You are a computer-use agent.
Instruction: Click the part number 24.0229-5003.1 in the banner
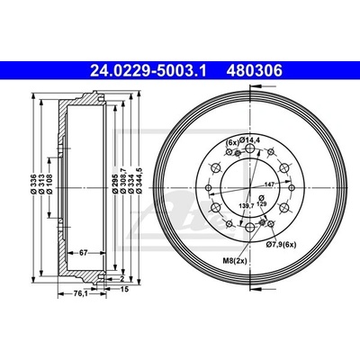(x=148, y=71)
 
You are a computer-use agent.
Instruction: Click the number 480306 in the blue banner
(x=255, y=71)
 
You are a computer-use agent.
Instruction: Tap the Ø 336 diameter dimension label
(x=33, y=184)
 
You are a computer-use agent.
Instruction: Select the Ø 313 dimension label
(x=41, y=184)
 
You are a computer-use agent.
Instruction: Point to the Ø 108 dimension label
(x=49, y=184)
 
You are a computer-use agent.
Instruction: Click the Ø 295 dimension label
(x=114, y=183)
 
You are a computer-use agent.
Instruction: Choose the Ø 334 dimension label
(x=130, y=183)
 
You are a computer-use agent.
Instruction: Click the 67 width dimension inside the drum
(x=83, y=253)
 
